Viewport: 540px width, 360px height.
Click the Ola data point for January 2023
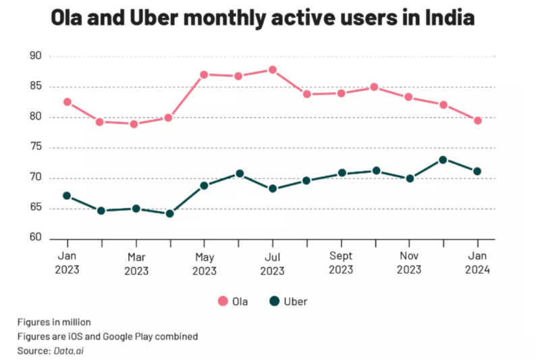click(x=67, y=102)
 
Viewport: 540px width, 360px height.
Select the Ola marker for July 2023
click(x=273, y=70)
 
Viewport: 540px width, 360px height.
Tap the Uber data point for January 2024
click(x=477, y=171)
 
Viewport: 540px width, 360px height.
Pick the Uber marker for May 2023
click(x=204, y=185)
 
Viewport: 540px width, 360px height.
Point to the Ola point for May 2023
click(x=204, y=74)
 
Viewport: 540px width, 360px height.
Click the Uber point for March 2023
click(x=136, y=208)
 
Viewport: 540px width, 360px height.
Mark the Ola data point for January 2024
click(x=477, y=120)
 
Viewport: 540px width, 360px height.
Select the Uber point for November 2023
click(x=409, y=178)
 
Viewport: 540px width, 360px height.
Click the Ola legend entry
click(x=232, y=301)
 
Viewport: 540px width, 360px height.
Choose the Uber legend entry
click(x=287, y=301)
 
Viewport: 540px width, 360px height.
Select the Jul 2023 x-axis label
click(x=273, y=264)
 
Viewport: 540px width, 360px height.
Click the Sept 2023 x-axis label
click(x=341, y=264)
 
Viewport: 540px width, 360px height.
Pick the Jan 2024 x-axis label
click(x=477, y=264)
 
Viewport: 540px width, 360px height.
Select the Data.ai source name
click(x=69, y=350)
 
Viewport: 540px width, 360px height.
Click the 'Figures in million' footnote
click(x=54, y=322)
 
